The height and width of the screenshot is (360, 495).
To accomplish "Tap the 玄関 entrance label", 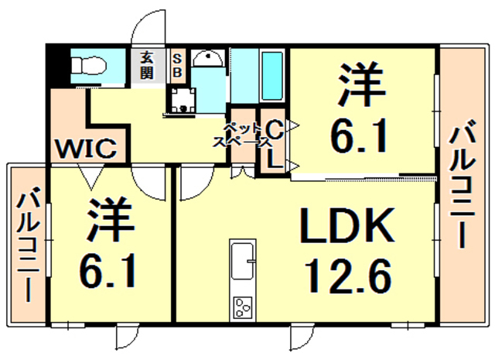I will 146,65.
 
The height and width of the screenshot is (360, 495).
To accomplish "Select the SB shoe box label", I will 176,65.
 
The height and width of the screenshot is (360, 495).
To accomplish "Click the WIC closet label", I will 85,147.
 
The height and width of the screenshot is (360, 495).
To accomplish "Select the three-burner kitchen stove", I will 244,307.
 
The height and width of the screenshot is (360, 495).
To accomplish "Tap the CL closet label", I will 273,143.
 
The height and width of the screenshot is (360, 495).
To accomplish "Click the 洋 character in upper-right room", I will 360,86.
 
